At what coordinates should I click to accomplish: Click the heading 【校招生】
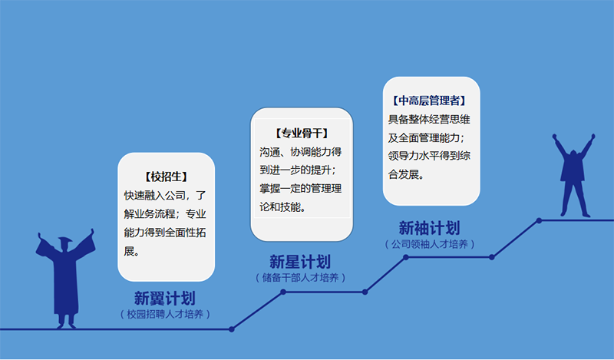click(x=166, y=177)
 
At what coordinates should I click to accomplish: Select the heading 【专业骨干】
click(x=302, y=134)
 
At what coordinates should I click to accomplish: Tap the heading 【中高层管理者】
click(x=429, y=101)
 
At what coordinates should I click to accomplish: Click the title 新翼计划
click(x=164, y=299)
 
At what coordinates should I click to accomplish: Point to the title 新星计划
click(x=300, y=262)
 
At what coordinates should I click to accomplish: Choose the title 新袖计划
click(x=429, y=228)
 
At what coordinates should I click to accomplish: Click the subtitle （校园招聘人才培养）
click(x=165, y=314)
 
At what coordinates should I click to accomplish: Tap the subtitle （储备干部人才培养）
click(x=300, y=278)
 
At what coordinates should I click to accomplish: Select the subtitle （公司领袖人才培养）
click(x=430, y=244)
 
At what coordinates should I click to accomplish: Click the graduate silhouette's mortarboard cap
click(x=65, y=239)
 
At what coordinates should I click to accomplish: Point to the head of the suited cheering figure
click(x=573, y=154)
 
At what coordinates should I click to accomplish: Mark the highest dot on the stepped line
click(x=540, y=220)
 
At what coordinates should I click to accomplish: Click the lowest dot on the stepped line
click(x=232, y=329)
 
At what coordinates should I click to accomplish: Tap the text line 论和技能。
click(x=282, y=206)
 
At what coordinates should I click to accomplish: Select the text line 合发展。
click(x=406, y=174)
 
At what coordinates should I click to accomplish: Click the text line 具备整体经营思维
click(x=429, y=119)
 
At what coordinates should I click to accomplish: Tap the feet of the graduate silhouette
click(x=66, y=325)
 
